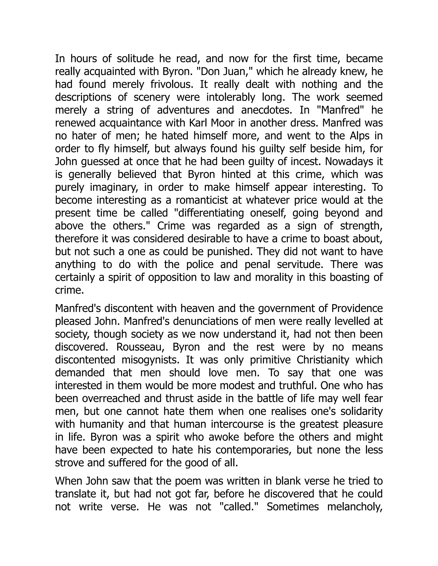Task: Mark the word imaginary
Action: pyautogui.click(x=114, y=187)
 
